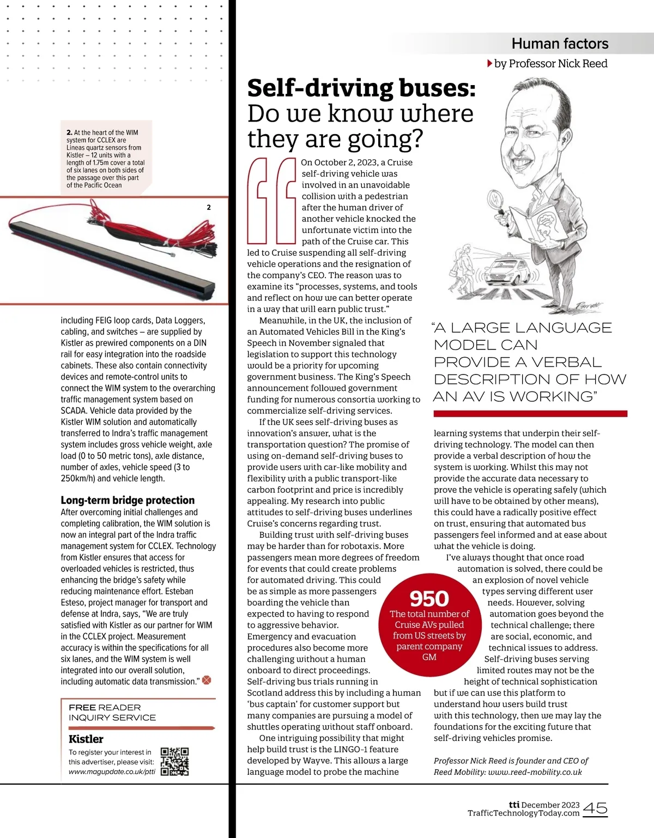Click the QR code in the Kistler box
175,761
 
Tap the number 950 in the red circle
429,599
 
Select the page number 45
595,808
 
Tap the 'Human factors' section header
560,44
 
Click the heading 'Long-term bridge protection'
128,500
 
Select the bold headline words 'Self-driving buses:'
361,88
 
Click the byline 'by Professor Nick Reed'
550,64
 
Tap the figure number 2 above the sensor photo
209,207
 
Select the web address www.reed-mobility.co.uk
535,772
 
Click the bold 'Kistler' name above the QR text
86,739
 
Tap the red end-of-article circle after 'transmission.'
207,680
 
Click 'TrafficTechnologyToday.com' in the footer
523,813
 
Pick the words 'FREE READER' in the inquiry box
105,707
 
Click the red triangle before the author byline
489,64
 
